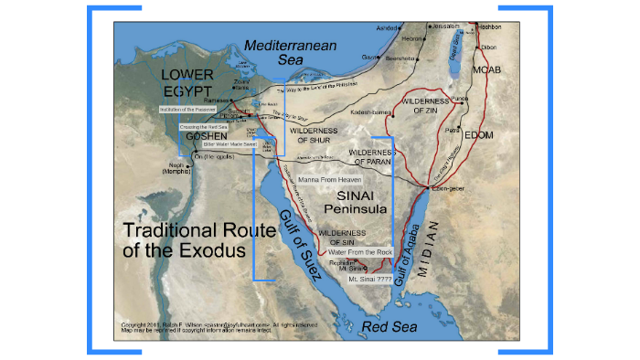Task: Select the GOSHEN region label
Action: [206, 136]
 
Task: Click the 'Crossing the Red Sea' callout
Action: [204, 126]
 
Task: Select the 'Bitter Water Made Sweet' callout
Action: [229, 144]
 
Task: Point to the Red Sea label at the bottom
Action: [388, 326]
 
